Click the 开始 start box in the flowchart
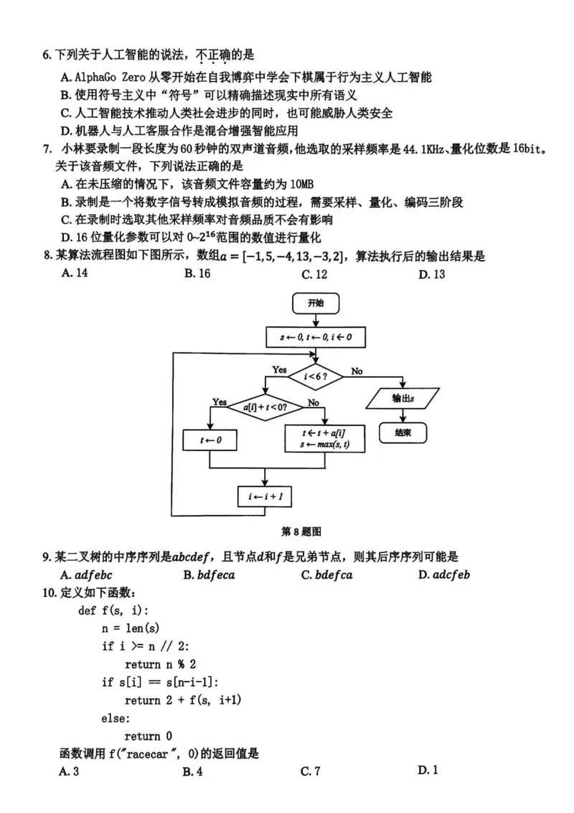point(314,304)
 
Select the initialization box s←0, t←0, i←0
point(315,336)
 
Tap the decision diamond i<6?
point(315,376)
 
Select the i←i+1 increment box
point(265,496)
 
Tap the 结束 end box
point(403,432)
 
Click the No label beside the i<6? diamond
point(357,371)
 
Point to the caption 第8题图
point(301,532)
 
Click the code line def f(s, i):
point(113,610)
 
